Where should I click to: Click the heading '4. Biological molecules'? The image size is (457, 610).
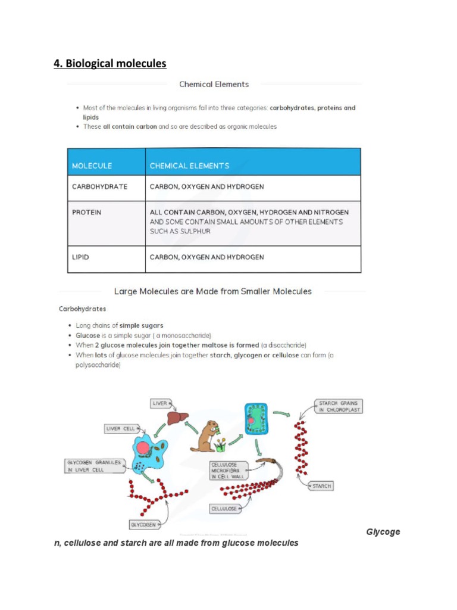(110, 63)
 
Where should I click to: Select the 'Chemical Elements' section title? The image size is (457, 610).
(214, 84)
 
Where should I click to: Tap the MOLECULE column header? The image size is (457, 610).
(92, 166)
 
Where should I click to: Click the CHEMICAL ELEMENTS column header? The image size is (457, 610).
(189, 166)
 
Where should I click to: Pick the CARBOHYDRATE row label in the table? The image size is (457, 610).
(99, 187)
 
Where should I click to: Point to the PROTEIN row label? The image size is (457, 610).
(87, 212)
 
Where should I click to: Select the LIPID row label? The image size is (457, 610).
(80, 257)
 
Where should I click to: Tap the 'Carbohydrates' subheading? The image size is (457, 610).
(83, 309)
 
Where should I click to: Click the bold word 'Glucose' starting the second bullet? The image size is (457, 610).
(88, 335)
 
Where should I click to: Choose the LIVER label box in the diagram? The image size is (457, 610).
(161, 404)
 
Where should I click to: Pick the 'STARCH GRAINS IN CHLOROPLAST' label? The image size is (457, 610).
(339, 406)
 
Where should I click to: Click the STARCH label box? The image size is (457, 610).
(321, 486)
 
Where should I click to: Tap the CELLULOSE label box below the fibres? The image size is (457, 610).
(224, 509)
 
